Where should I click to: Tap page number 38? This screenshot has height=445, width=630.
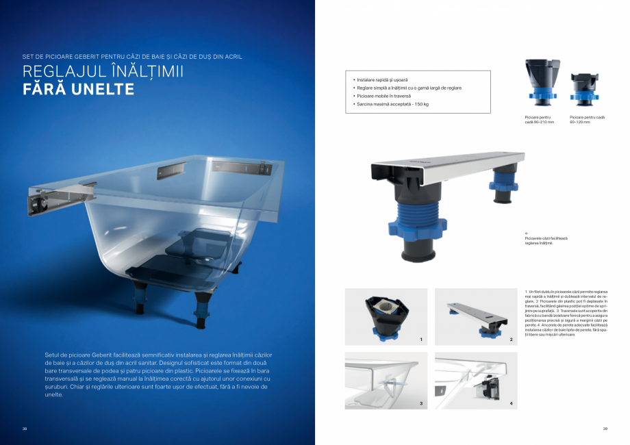(25, 429)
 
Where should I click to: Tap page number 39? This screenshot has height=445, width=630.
(605, 429)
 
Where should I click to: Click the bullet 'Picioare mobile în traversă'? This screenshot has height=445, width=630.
(388, 96)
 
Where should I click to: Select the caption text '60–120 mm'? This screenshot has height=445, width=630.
(580, 122)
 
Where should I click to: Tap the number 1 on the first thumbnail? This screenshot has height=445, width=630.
(421, 340)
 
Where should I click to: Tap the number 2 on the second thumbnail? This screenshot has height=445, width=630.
(511, 340)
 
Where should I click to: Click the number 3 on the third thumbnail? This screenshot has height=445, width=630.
(421, 404)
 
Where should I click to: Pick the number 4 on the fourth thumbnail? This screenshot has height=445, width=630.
(511, 404)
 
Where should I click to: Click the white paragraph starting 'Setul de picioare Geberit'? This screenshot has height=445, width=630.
(158, 374)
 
